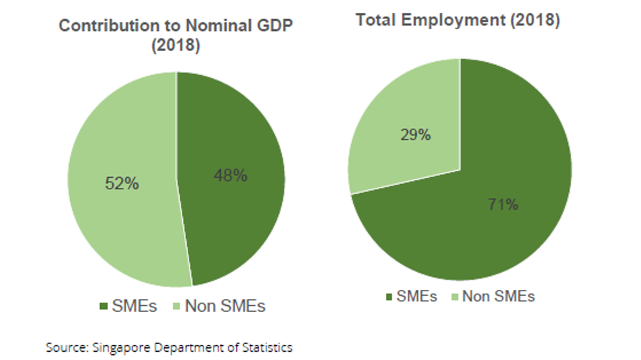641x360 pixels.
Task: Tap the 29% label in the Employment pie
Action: click(x=415, y=135)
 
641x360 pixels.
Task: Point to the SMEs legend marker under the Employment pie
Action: click(x=390, y=297)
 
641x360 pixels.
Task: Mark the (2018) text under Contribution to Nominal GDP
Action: click(x=175, y=46)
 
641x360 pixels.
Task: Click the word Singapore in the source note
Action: click(x=119, y=348)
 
